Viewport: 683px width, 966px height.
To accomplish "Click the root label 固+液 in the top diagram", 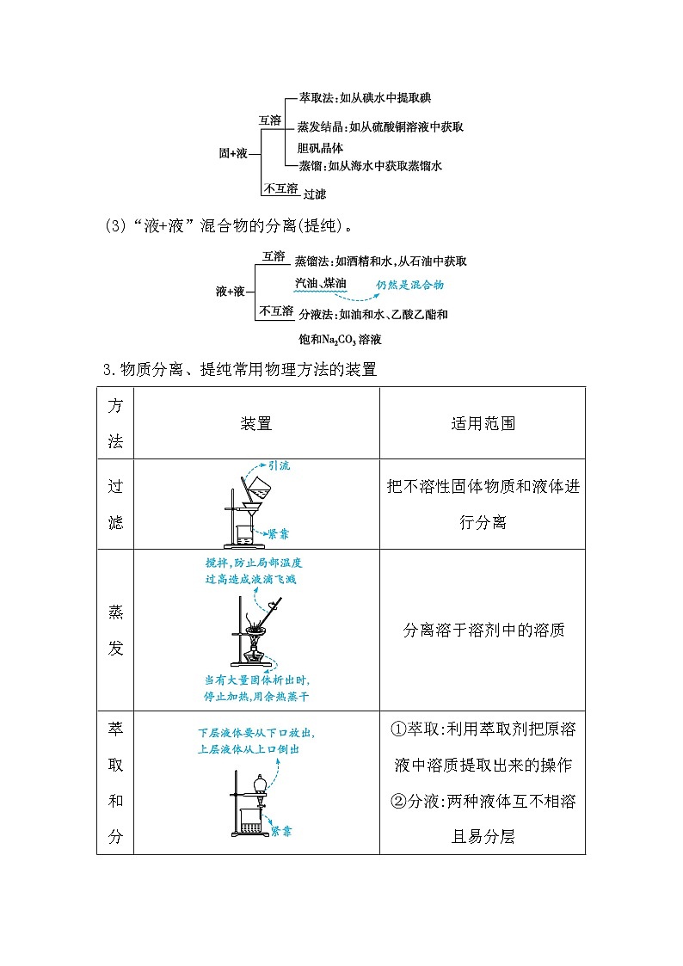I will pyautogui.click(x=233, y=153).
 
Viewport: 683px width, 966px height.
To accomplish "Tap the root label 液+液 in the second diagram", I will pyautogui.click(x=230, y=292).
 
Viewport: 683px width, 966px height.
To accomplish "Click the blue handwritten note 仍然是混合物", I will pyautogui.click(x=409, y=285).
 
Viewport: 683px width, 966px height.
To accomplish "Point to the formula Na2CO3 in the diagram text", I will pyautogui.click(x=347, y=340).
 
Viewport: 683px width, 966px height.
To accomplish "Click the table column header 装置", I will pyautogui.click(x=256, y=423).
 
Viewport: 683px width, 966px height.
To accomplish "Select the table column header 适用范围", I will pyautogui.click(x=483, y=423).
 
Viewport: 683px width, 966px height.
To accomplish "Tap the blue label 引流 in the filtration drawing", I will pyautogui.click(x=279, y=465).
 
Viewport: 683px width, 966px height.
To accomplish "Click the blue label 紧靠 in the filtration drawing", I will pyautogui.click(x=278, y=533).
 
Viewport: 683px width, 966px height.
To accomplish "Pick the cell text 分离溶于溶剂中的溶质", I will pyautogui.click(x=483, y=630).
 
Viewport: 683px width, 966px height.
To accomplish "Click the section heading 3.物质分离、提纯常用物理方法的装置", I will pyautogui.click(x=239, y=370).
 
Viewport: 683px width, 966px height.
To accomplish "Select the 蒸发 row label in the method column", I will pyautogui.click(x=115, y=630).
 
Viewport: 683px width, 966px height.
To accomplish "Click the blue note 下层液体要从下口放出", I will pyautogui.click(x=255, y=734).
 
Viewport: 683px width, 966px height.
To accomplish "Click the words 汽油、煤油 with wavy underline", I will pyautogui.click(x=320, y=283).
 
